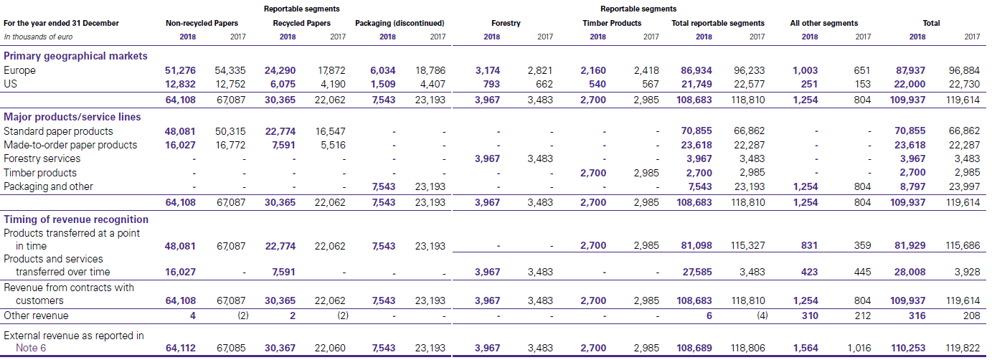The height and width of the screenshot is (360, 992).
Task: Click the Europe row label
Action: click(x=19, y=70)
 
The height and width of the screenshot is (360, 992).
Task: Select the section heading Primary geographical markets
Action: click(x=75, y=56)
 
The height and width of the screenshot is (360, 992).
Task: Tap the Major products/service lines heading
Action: click(x=72, y=116)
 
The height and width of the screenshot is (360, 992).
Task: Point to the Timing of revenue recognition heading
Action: click(x=76, y=219)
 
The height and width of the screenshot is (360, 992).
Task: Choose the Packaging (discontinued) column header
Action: click(x=400, y=23)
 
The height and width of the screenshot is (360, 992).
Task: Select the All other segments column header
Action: click(x=823, y=23)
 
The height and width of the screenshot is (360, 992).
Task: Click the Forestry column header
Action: click(x=506, y=23)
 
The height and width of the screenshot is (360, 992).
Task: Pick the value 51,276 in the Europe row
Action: click(x=180, y=70)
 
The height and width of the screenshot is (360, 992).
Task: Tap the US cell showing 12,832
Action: click(x=180, y=84)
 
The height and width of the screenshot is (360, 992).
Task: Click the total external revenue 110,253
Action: click(x=907, y=348)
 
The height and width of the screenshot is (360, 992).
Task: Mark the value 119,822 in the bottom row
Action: click(x=963, y=348)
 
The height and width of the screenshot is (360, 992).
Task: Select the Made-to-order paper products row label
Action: click(x=70, y=145)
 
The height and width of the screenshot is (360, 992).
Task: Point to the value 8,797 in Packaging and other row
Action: click(x=911, y=186)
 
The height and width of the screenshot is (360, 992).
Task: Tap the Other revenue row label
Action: click(x=36, y=316)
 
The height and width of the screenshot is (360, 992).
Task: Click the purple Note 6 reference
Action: click(x=32, y=349)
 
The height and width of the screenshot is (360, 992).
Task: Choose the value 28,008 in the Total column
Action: click(x=909, y=272)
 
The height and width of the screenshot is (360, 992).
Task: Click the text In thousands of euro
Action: click(x=38, y=37)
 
